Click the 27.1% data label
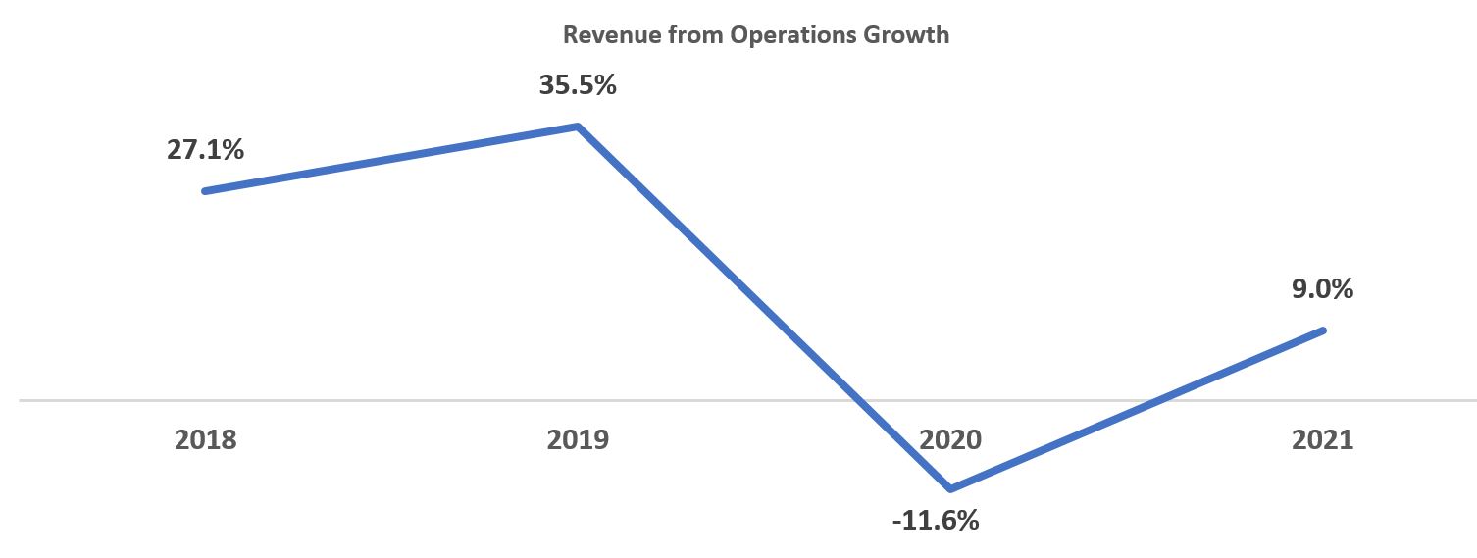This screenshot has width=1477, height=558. point(205,151)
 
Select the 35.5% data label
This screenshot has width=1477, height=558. point(578,85)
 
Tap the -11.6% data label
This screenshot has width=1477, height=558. point(936,520)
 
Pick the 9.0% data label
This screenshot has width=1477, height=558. point(1323,289)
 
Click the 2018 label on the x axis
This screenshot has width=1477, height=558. point(205,439)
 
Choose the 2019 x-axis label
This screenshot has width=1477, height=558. point(578,439)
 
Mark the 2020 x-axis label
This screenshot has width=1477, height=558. point(950,439)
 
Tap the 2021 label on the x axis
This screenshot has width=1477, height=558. point(1323,439)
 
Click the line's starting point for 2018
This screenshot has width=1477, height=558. point(205,191)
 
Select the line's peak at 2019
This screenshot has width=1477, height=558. point(578,127)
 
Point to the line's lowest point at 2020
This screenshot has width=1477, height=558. point(950,488)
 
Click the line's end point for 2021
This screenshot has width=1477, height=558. point(1323,330)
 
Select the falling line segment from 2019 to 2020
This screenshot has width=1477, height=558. point(745,289)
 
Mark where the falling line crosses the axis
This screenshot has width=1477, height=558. point(859,400)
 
